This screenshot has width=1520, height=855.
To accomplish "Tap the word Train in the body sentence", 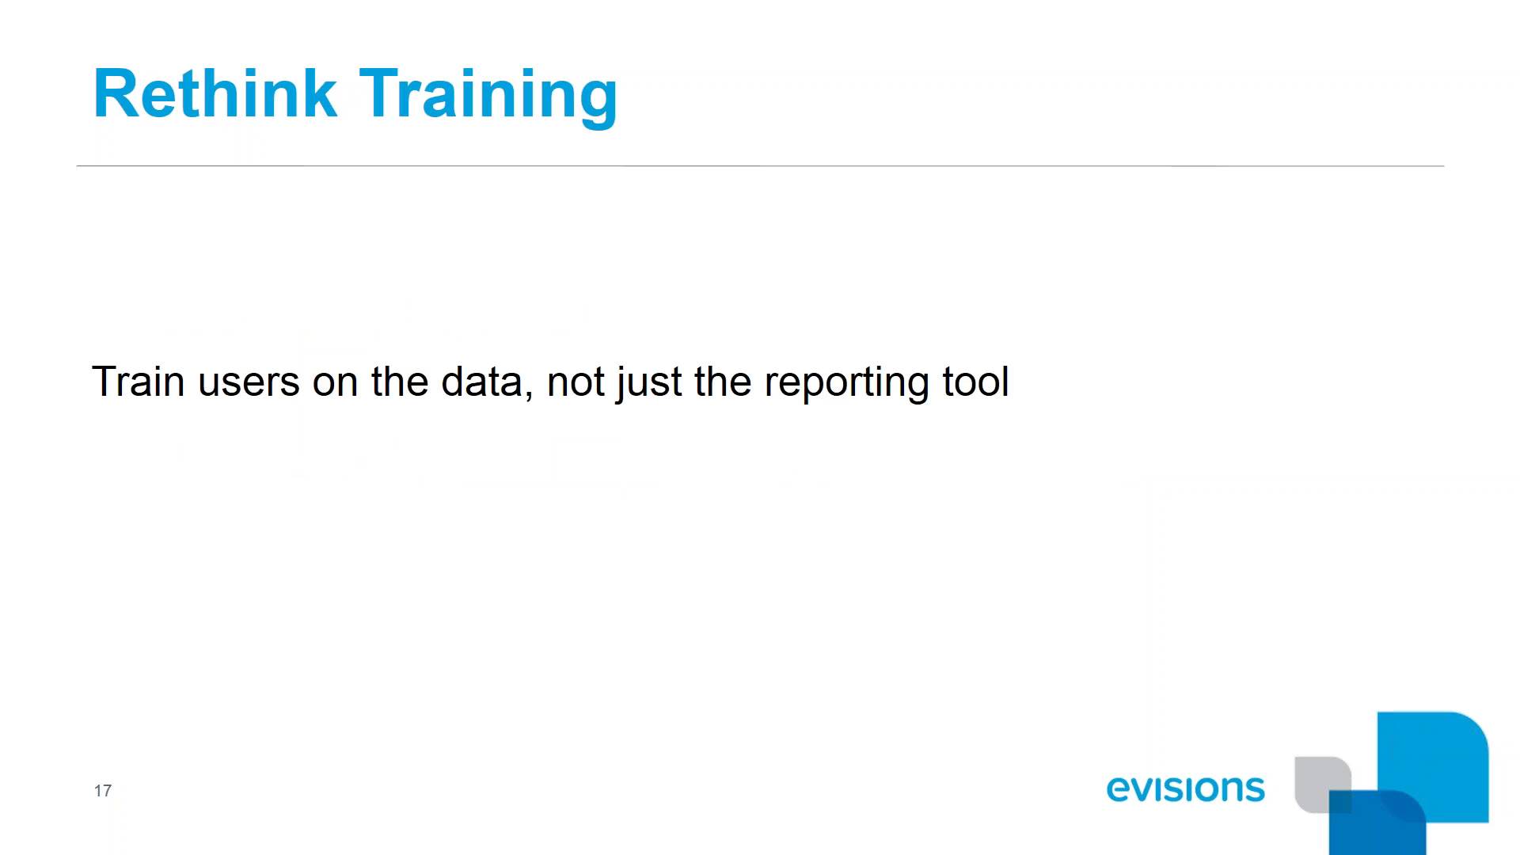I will pyautogui.click(x=139, y=382).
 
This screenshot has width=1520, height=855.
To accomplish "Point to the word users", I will pyautogui.click(x=249, y=382).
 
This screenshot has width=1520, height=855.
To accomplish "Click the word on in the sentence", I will pyautogui.click(x=335, y=383).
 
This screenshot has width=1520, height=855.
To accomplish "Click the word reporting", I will pyautogui.click(x=846, y=383).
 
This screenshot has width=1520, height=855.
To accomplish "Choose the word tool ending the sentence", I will pyautogui.click(x=975, y=382).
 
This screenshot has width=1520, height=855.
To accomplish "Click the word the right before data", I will pyautogui.click(x=400, y=382).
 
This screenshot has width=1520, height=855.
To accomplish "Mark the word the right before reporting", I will pyautogui.click(x=723, y=382).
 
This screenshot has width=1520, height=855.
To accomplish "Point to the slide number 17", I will pyautogui.click(x=103, y=791).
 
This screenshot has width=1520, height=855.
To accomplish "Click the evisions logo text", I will pyautogui.click(x=1185, y=788).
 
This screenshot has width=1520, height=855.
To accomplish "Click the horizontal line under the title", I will pyautogui.click(x=760, y=166).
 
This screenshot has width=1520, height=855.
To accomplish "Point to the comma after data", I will pyautogui.click(x=528, y=396).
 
